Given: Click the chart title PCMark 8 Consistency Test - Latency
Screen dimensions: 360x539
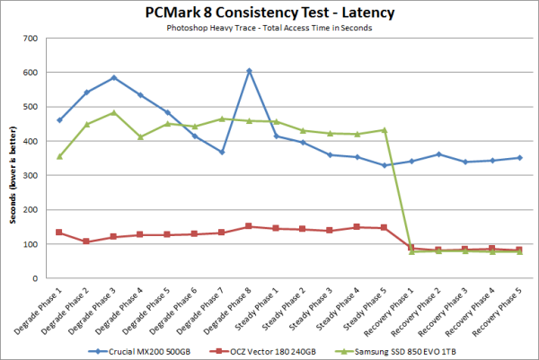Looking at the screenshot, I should tap(269, 13).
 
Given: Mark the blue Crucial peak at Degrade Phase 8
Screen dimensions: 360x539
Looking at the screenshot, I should tap(249, 71).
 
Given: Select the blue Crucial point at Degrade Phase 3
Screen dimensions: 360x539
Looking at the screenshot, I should tap(114, 78).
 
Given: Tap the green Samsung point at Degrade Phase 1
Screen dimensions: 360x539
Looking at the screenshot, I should tap(59, 156).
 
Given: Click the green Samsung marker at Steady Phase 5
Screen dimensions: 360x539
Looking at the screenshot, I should tap(384, 130).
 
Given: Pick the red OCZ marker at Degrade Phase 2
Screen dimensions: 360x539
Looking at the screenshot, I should tap(86, 241).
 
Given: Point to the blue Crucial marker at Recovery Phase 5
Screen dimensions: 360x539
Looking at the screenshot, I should tap(519, 158).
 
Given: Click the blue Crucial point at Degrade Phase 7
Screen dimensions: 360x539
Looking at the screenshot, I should tap(222, 153).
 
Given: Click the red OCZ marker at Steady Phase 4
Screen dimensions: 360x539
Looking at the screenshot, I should tap(357, 227).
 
